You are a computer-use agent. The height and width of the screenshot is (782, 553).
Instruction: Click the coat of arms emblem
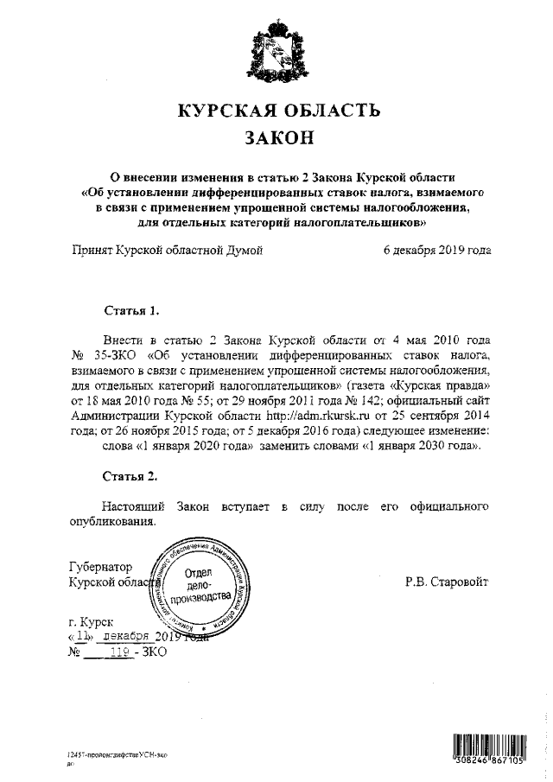point(276,53)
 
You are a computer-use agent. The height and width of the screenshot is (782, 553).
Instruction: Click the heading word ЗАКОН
point(276,138)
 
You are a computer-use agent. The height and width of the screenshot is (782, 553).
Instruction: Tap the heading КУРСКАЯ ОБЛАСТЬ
point(276,111)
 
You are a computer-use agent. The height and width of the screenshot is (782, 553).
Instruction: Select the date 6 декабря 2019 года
point(437,251)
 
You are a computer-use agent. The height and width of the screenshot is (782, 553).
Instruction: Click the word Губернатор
point(100,568)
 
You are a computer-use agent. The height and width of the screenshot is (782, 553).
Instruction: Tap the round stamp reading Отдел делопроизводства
point(200,588)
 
